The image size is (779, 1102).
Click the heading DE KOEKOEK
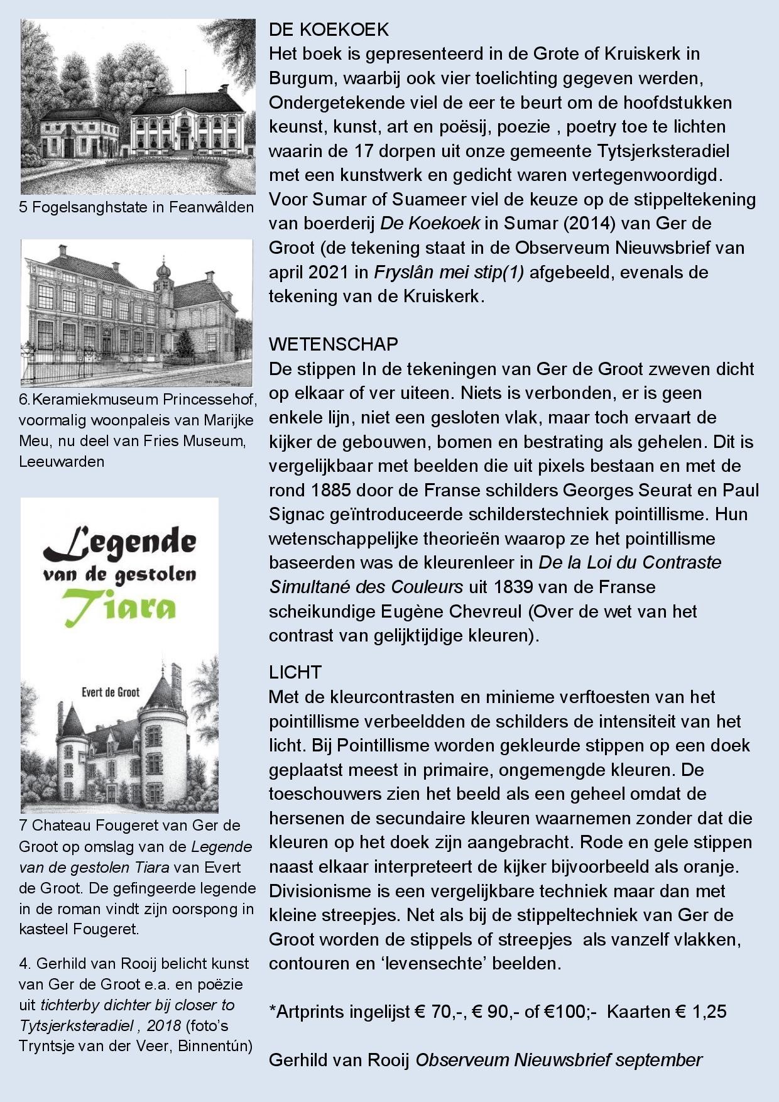point(329,30)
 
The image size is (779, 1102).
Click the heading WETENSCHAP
point(333,344)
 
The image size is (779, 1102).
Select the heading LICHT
point(295,672)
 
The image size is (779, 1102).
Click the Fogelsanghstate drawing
point(138,107)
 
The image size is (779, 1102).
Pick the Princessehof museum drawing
point(137,312)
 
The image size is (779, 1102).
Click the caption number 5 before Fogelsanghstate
point(23,207)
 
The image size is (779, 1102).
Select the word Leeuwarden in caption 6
point(62,462)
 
